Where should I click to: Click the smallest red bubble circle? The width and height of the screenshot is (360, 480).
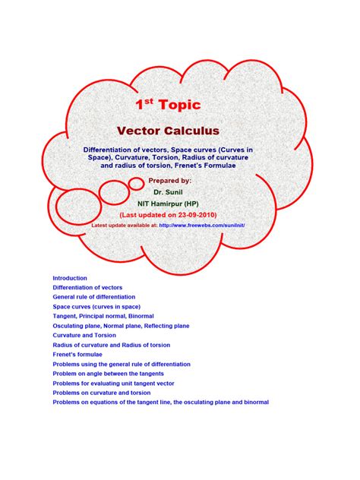click(136, 183)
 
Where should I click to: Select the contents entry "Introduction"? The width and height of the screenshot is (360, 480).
click(70, 278)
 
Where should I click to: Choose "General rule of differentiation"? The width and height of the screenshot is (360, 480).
click(93, 297)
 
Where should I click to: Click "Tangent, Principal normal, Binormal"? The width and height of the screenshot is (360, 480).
click(103, 316)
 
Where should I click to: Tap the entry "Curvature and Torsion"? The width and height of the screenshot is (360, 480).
click(84, 335)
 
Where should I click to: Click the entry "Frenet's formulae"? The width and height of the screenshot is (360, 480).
click(77, 354)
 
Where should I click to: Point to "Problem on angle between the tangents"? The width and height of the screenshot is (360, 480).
click(108, 374)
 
